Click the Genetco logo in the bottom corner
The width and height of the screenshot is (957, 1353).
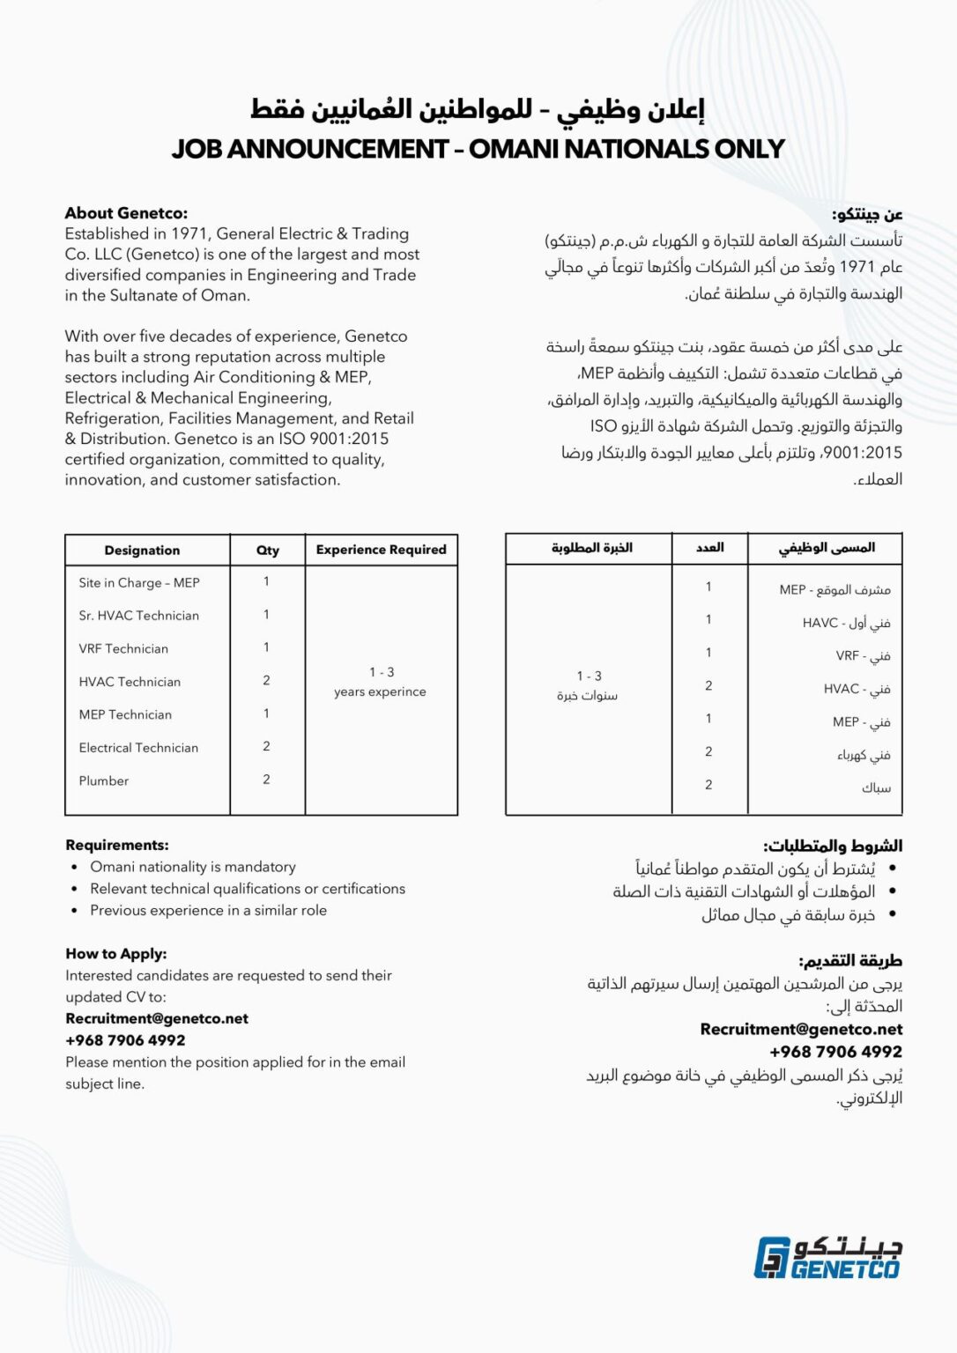(827, 1258)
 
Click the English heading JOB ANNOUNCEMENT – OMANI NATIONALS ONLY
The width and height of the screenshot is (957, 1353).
(478, 149)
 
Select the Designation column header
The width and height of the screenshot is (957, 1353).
(142, 551)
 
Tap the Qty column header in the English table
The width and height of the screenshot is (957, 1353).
(267, 551)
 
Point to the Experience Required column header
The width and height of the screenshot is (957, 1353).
(381, 550)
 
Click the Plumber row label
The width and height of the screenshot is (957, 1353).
(104, 781)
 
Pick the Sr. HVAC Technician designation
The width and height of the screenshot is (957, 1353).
(139, 616)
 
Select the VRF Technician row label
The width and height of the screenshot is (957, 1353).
(123, 649)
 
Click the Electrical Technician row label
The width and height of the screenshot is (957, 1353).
(138, 748)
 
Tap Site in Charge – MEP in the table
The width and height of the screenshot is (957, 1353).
(139, 583)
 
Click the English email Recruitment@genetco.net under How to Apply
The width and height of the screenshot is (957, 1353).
(157, 1018)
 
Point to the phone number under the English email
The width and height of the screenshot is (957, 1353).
(125, 1040)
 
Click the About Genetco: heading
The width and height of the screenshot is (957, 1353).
(126, 213)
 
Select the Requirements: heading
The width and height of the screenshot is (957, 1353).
(117, 845)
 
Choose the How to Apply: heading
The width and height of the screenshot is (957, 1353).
(116, 954)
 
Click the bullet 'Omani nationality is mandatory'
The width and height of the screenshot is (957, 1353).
(193, 867)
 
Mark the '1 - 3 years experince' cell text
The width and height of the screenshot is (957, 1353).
(380, 683)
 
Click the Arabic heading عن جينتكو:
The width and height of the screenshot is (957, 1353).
(867, 215)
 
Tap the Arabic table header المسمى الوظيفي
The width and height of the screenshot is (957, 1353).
(826, 548)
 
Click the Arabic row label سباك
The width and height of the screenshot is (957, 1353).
(876, 788)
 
